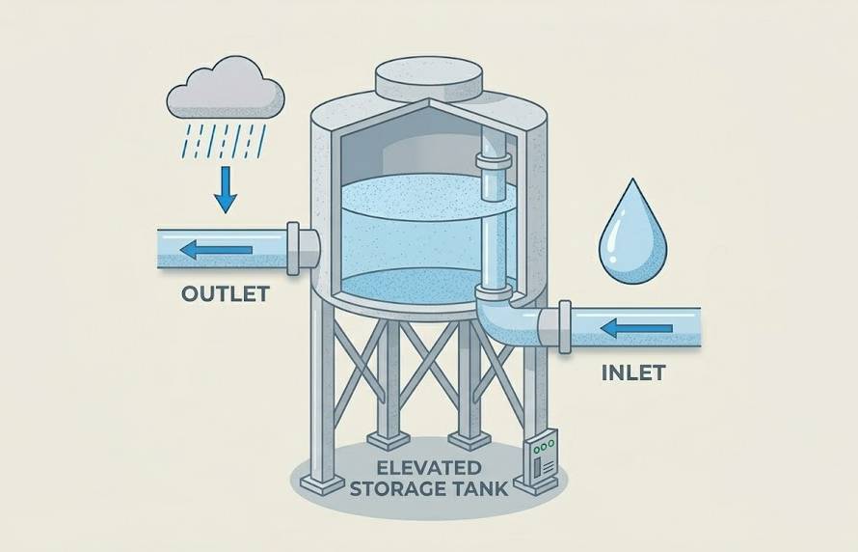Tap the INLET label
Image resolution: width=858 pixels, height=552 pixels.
632,372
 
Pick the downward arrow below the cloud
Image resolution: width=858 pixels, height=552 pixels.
226,188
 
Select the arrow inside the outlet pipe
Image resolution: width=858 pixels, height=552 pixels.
217,250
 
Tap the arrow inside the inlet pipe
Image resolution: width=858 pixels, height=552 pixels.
636,329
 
